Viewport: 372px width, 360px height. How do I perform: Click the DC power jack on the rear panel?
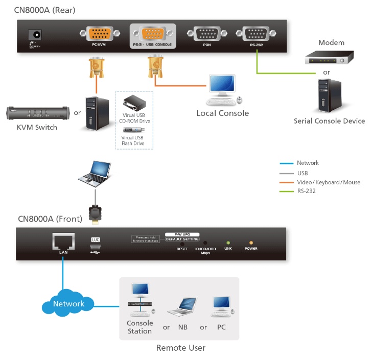(36, 35)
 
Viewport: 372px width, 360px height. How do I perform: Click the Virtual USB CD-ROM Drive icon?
(133, 103)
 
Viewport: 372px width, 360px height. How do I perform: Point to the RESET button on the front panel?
(182, 244)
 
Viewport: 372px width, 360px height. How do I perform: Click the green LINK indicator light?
(228, 243)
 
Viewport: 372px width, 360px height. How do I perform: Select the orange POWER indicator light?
(251, 243)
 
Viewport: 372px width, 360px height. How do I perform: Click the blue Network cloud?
(68, 304)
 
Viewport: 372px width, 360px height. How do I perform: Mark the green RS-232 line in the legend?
(286, 192)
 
